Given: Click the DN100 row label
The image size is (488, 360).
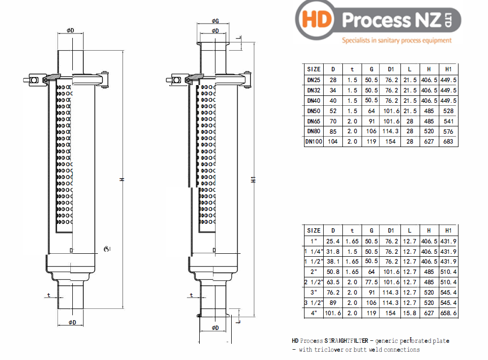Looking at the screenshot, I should tap(313, 142).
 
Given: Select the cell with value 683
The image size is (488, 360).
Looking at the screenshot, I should tap(448, 142).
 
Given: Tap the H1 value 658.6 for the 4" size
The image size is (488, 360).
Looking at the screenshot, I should tap(448, 313).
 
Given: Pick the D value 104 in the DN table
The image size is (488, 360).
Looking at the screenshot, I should tap(333, 142).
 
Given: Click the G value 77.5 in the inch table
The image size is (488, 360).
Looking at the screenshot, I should tap(371, 282).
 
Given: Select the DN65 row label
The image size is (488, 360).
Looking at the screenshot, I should tap(313, 121).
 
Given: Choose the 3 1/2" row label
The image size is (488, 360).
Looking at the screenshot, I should tap(313, 302).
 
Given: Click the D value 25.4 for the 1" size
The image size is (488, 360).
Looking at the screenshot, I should tap(333, 241).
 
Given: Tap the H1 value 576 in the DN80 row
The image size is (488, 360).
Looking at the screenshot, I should tap(448, 131).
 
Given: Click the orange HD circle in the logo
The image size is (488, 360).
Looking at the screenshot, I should tap(317, 20).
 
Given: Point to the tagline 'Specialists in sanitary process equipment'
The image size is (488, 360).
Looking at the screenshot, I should tap(396, 40).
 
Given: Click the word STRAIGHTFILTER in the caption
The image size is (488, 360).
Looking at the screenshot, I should tap(346, 340).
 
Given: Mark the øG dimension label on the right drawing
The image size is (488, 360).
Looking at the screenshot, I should tap(215, 21).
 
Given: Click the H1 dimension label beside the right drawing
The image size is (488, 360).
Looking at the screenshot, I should tap(254, 180).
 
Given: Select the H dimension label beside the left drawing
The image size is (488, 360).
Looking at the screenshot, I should tap(122, 180).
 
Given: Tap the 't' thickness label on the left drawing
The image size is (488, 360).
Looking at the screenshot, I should tap(48, 295).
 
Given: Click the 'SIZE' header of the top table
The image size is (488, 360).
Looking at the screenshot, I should tap(313, 69).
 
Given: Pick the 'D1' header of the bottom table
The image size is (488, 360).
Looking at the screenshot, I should tap(391, 231).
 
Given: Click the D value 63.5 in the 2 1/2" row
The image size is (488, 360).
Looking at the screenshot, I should tap(333, 282).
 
